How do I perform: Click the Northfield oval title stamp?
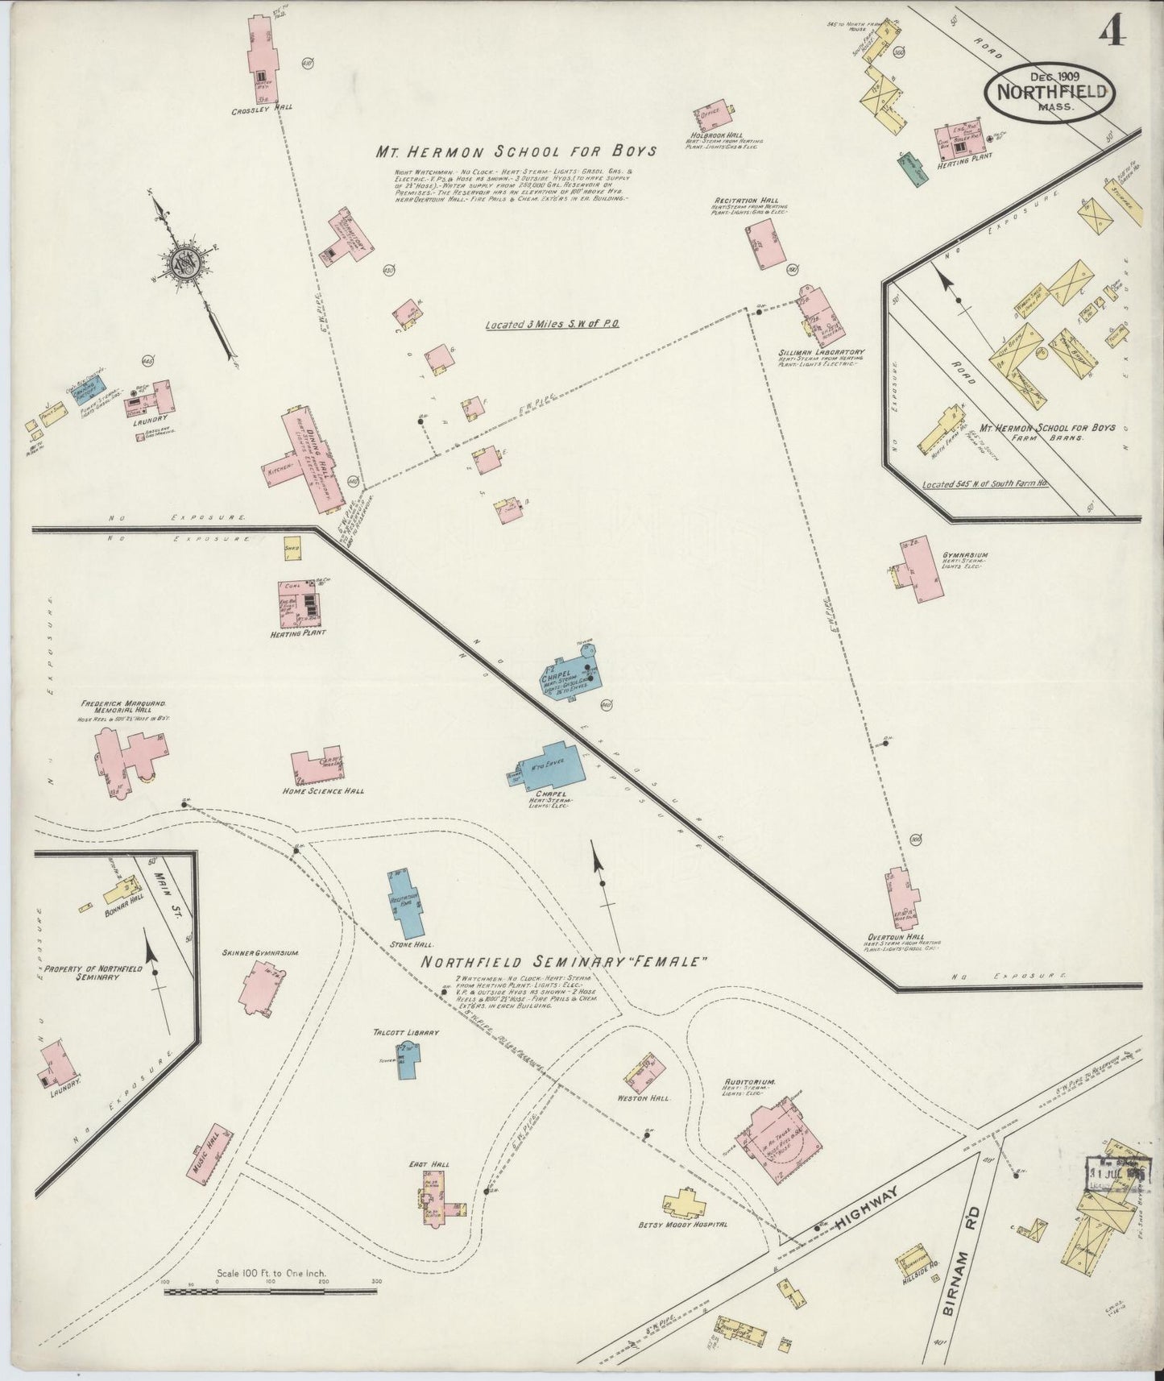pyautogui.click(x=1050, y=90)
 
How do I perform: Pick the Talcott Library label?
pyautogui.click(x=406, y=1031)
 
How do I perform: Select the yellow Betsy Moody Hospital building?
pyautogui.click(x=685, y=1205)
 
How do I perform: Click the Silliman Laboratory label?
pyautogui.click(x=821, y=352)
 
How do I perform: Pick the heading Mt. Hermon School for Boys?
pyautogui.click(x=516, y=151)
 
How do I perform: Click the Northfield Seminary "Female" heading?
pyautogui.click(x=565, y=961)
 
